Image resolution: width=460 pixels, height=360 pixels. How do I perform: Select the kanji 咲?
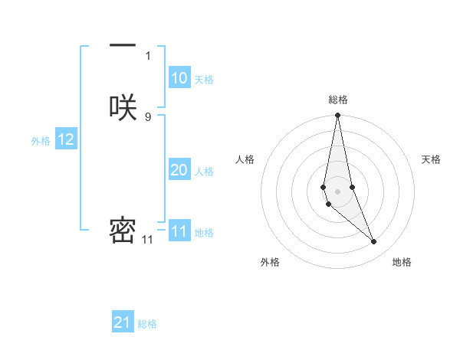(x=123, y=108)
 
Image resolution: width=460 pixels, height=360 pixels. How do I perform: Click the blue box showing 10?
(x=179, y=78)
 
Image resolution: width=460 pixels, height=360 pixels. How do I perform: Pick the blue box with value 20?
(x=179, y=170)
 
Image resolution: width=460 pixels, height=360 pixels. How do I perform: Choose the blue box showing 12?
(x=66, y=139)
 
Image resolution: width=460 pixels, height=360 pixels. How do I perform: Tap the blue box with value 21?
(x=123, y=322)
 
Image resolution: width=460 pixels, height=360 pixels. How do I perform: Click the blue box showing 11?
(x=179, y=231)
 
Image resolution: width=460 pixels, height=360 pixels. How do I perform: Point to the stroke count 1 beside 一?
(x=148, y=55)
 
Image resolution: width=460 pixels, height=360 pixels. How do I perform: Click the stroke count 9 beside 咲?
(x=148, y=116)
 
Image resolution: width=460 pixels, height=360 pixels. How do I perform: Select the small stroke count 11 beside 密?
(x=147, y=240)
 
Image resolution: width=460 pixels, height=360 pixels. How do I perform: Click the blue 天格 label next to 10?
(x=204, y=80)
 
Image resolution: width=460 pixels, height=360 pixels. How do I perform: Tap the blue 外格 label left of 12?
(x=41, y=141)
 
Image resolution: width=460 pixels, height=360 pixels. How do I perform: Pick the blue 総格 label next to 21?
(x=147, y=324)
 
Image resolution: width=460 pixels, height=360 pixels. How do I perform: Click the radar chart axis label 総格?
(x=338, y=100)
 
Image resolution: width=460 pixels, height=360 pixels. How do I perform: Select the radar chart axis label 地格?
(x=402, y=262)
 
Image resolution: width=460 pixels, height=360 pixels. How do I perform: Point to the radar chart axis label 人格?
(x=245, y=159)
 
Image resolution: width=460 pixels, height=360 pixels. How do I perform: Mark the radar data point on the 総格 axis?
(x=338, y=116)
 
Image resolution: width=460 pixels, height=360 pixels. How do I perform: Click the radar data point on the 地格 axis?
(x=374, y=242)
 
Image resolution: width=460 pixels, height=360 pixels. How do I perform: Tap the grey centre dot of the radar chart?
(x=338, y=181)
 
